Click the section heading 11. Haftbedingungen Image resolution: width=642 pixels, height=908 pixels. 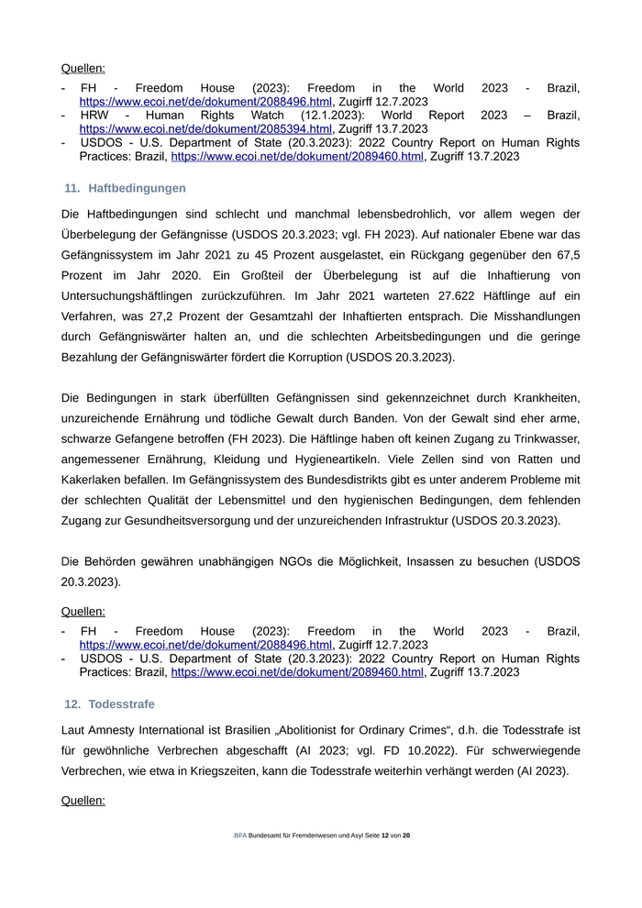[x=126, y=188]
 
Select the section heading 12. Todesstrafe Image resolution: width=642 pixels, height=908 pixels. [x=110, y=703]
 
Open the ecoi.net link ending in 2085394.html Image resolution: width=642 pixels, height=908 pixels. [x=205, y=129]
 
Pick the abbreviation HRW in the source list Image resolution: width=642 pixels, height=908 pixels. [x=94, y=116]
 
